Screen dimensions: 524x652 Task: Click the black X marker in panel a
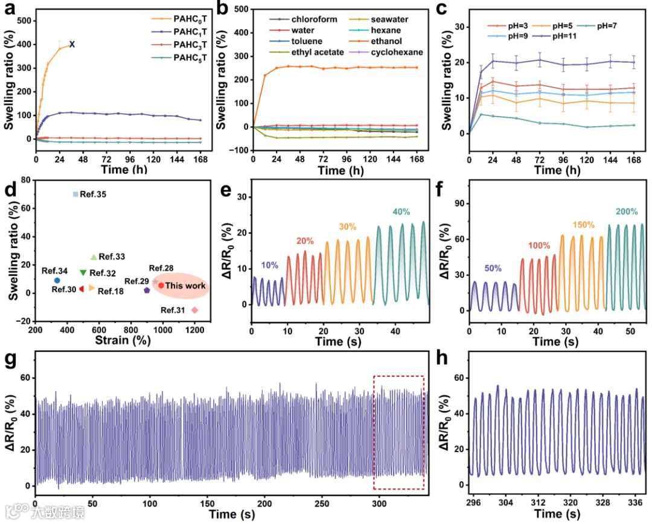[x=72, y=43]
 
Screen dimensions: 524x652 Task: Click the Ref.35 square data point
[x=75, y=194]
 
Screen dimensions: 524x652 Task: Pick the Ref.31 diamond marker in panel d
[x=194, y=310]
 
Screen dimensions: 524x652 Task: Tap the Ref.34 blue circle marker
[x=57, y=280]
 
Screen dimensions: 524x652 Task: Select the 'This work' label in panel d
[x=185, y=286]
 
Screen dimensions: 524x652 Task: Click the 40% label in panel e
[x=401, y=212]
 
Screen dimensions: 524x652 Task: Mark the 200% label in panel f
[x=626, y=212]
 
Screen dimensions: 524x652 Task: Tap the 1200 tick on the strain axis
[x=195, y=330]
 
